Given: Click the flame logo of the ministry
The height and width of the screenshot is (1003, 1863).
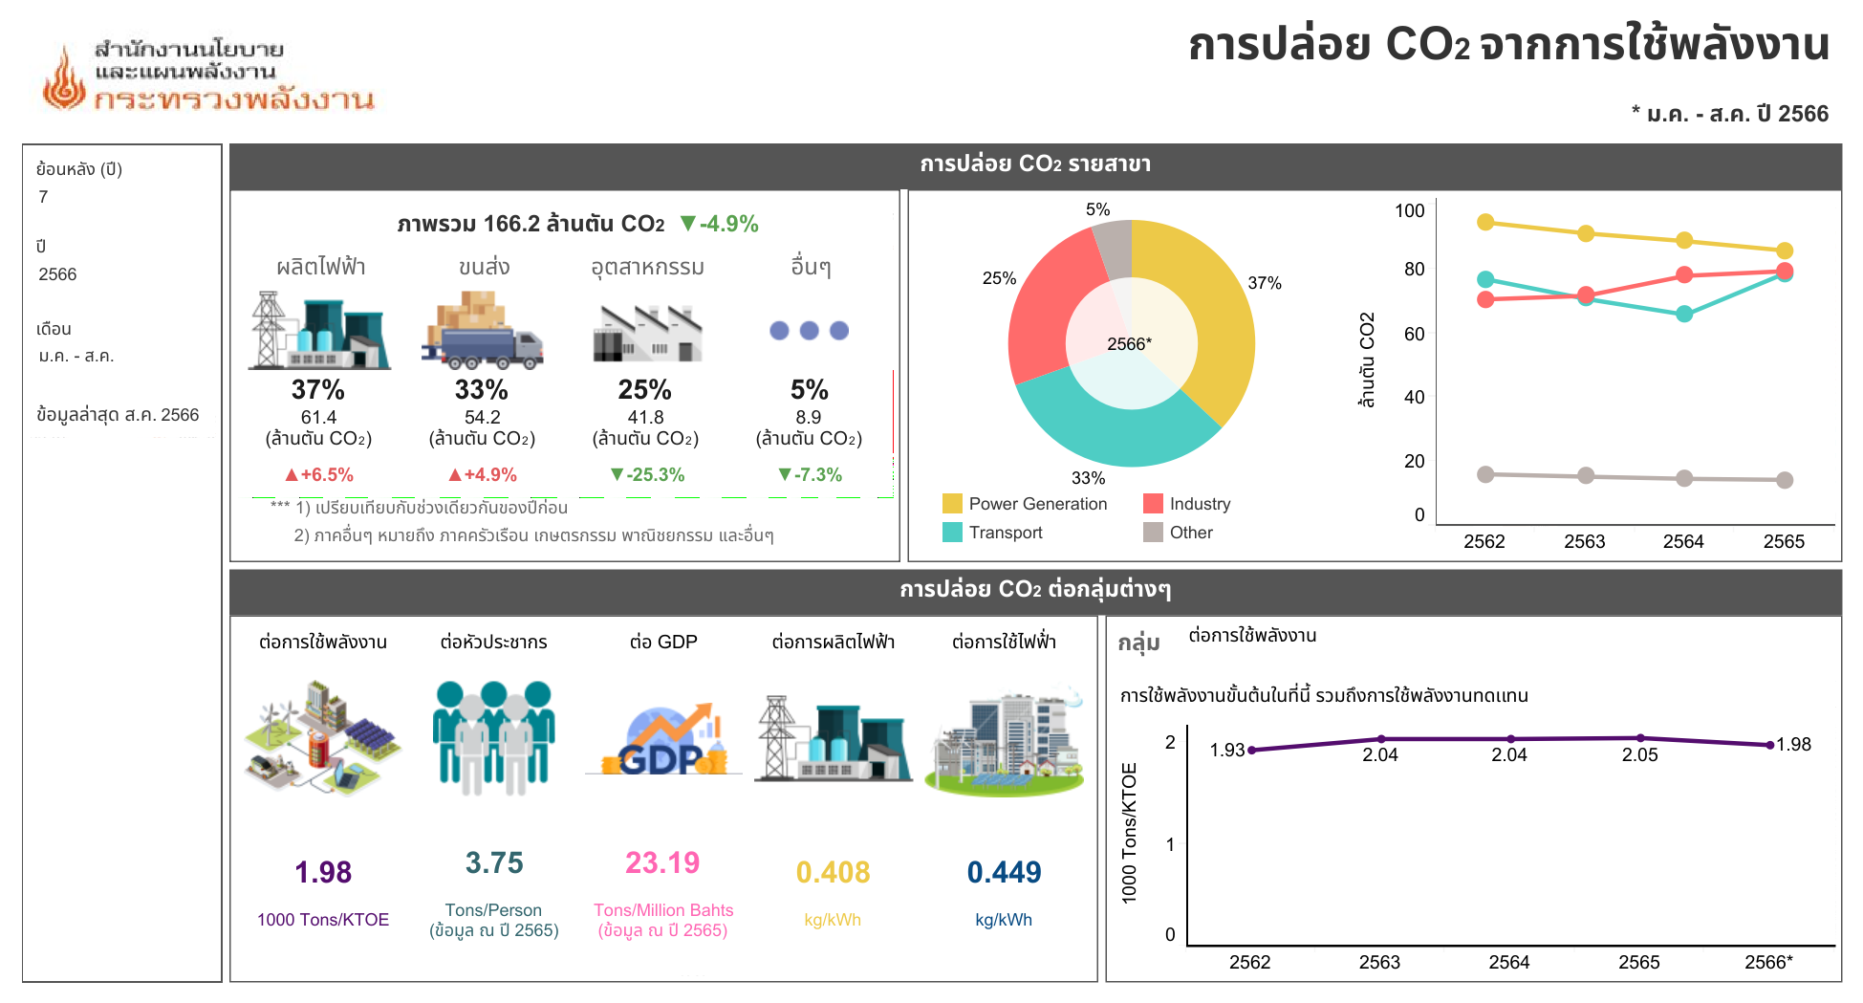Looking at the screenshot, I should (64, 79).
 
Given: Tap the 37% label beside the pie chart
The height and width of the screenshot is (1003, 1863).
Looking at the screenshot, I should (1264, 283).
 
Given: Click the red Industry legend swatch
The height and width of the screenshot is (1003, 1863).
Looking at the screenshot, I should (1153, 504).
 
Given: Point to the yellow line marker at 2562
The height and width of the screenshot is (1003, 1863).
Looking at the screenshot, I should (1485, 222).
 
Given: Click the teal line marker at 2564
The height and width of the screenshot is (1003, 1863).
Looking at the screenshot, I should (1684, 314).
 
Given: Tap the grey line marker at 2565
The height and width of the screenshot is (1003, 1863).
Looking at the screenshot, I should (1785, 480).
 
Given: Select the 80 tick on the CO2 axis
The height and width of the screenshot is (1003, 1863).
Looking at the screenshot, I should (1415, 270).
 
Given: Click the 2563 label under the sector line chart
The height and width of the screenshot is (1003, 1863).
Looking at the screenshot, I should (1585, 542).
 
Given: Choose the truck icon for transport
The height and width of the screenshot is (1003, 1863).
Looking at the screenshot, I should (483, 331).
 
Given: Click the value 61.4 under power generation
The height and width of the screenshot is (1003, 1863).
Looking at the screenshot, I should (318, 418).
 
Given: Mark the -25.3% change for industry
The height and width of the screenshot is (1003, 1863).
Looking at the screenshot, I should (647, 475).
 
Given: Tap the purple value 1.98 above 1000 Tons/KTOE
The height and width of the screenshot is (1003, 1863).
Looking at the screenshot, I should (323, 872).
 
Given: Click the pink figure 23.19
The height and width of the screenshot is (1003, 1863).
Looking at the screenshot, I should (662, 862).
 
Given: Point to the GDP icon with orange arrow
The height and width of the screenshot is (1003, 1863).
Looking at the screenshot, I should (663, 741).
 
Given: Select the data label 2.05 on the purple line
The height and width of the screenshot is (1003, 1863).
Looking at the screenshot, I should (1640, 754).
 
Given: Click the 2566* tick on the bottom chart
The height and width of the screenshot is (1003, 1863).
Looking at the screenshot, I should (1768, 963).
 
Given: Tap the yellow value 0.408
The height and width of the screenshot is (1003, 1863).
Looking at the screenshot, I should (833, 872).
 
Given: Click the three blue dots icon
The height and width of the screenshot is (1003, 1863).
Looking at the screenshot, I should (810, 331).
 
